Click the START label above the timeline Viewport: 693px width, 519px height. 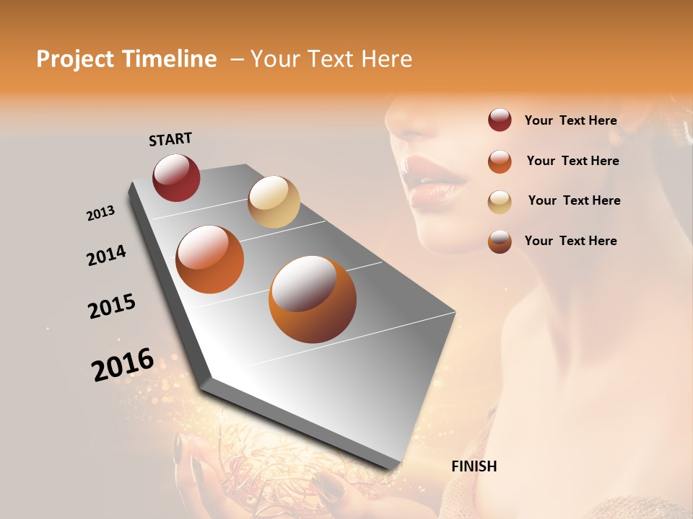(x=170, y=138)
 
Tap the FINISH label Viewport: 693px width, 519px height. (x=474, y=466)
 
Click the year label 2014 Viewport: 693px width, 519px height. (x=106, y=255)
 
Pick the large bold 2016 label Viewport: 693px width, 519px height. (x=122, y=364)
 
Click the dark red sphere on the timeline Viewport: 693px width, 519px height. (x=176, y=177)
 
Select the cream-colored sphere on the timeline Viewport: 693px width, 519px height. (x=274, y=201)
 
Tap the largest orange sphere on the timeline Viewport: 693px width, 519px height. (x=312, y=299)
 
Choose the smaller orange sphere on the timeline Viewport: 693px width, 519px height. (x=209, y=259)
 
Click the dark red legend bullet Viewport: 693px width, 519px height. (x=500, y=120)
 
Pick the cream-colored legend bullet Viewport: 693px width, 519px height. (x=500, y=201)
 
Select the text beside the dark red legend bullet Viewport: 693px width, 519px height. (x=570, y=120)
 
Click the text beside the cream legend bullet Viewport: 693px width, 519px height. (x=574, y=200)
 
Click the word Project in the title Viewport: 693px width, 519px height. (x=75, y=59)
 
